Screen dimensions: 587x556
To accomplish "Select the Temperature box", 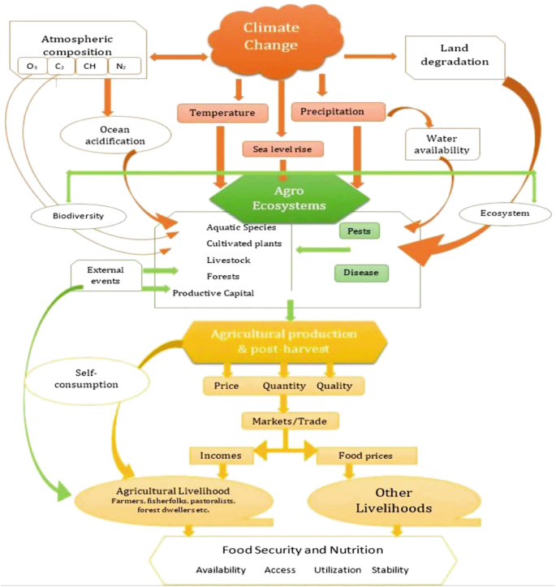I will [222, 112].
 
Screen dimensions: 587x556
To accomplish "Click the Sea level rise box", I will [282, 149].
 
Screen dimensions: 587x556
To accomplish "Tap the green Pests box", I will [359, 231].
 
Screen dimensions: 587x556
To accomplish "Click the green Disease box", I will [361, 272].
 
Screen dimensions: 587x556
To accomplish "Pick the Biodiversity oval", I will [79, 217].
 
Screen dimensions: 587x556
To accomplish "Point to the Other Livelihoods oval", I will [393, 500].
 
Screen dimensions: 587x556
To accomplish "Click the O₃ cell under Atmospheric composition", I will [32, 66].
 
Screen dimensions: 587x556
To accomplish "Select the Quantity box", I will [283, 386].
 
